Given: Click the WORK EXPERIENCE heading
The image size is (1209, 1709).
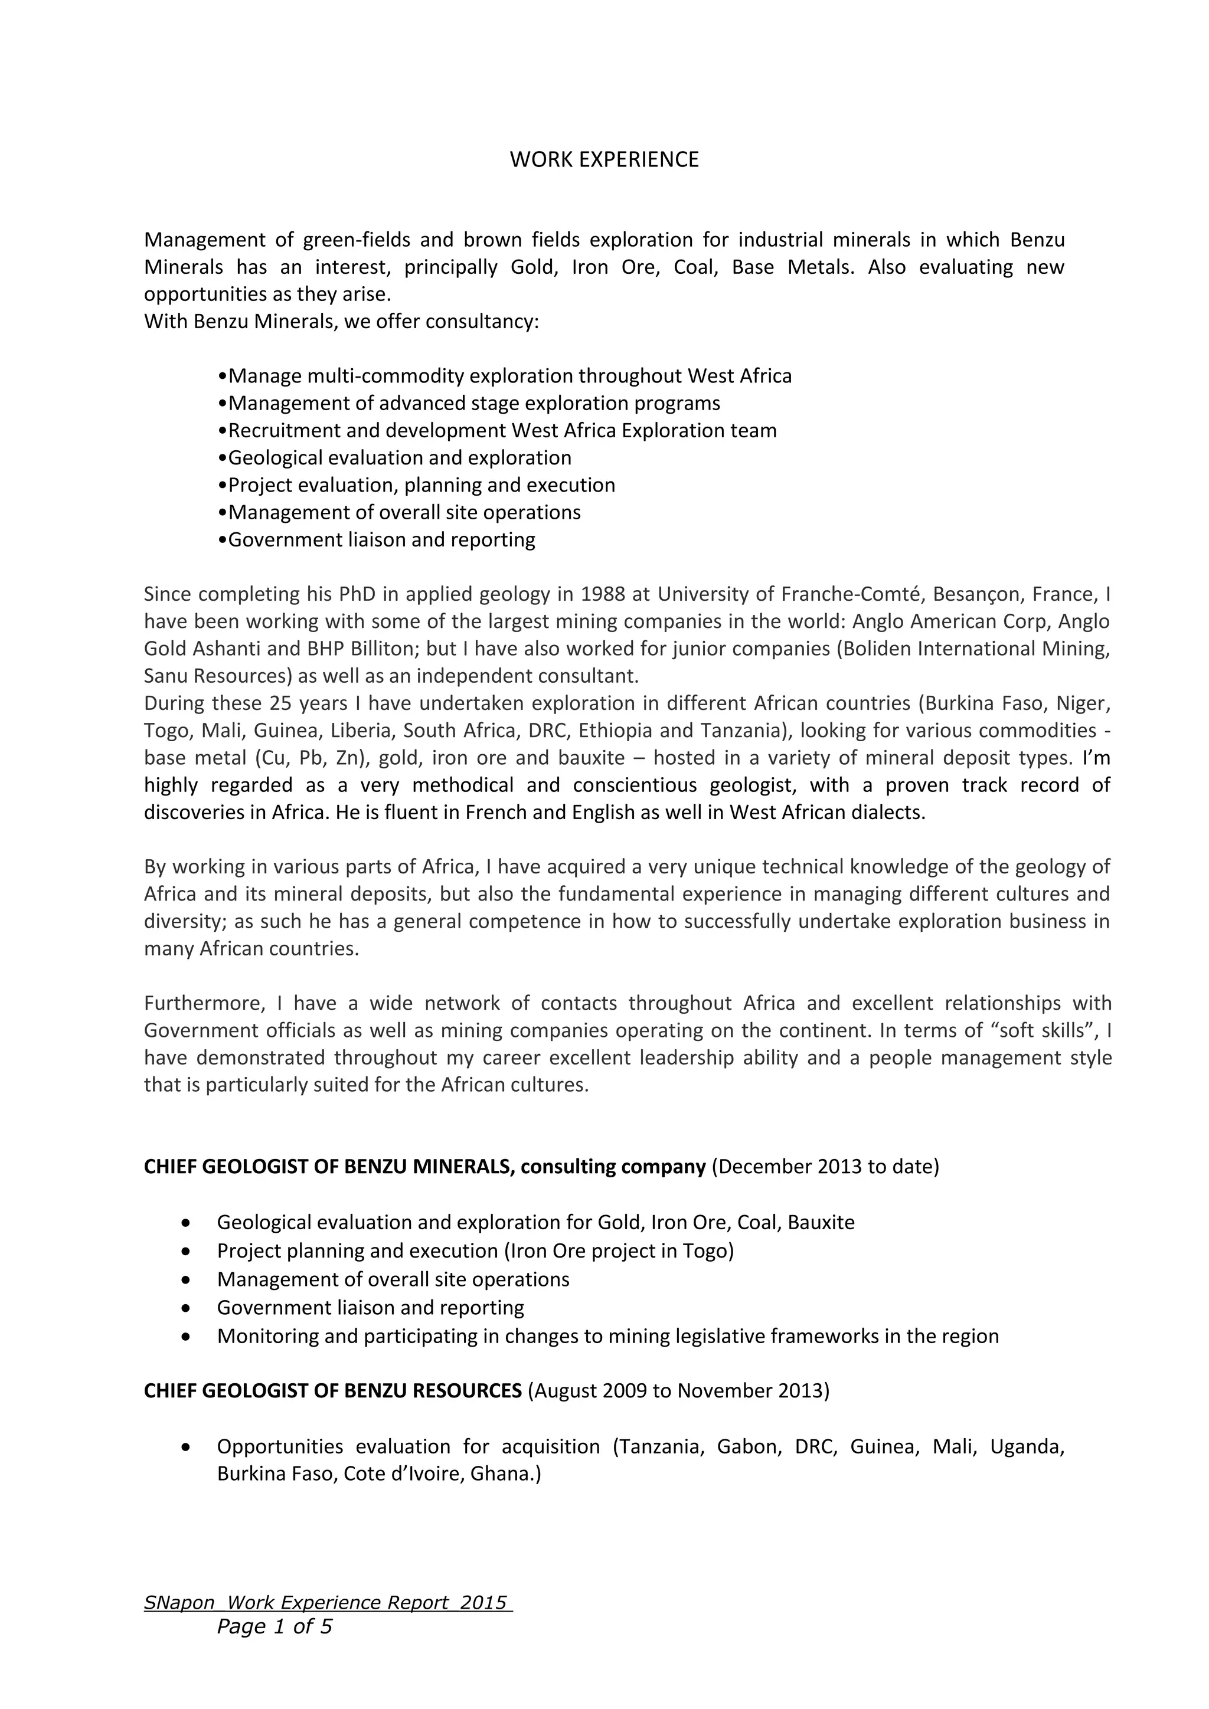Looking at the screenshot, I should (x=604, y=160).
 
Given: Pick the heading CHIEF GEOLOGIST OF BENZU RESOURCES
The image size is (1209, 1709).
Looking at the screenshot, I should (x=333, y=1390).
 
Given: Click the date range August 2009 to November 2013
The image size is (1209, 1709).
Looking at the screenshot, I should (x=678, y=1390).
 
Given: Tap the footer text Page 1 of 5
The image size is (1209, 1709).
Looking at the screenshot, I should (x=274, y=1626).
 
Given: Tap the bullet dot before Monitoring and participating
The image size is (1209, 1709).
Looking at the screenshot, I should (x=185, y=1337).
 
